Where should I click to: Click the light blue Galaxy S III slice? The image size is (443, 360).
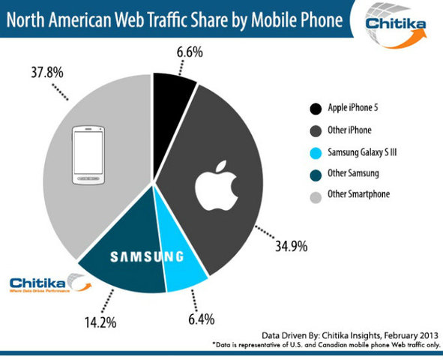183,271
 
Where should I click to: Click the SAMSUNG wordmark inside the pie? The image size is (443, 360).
147,256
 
